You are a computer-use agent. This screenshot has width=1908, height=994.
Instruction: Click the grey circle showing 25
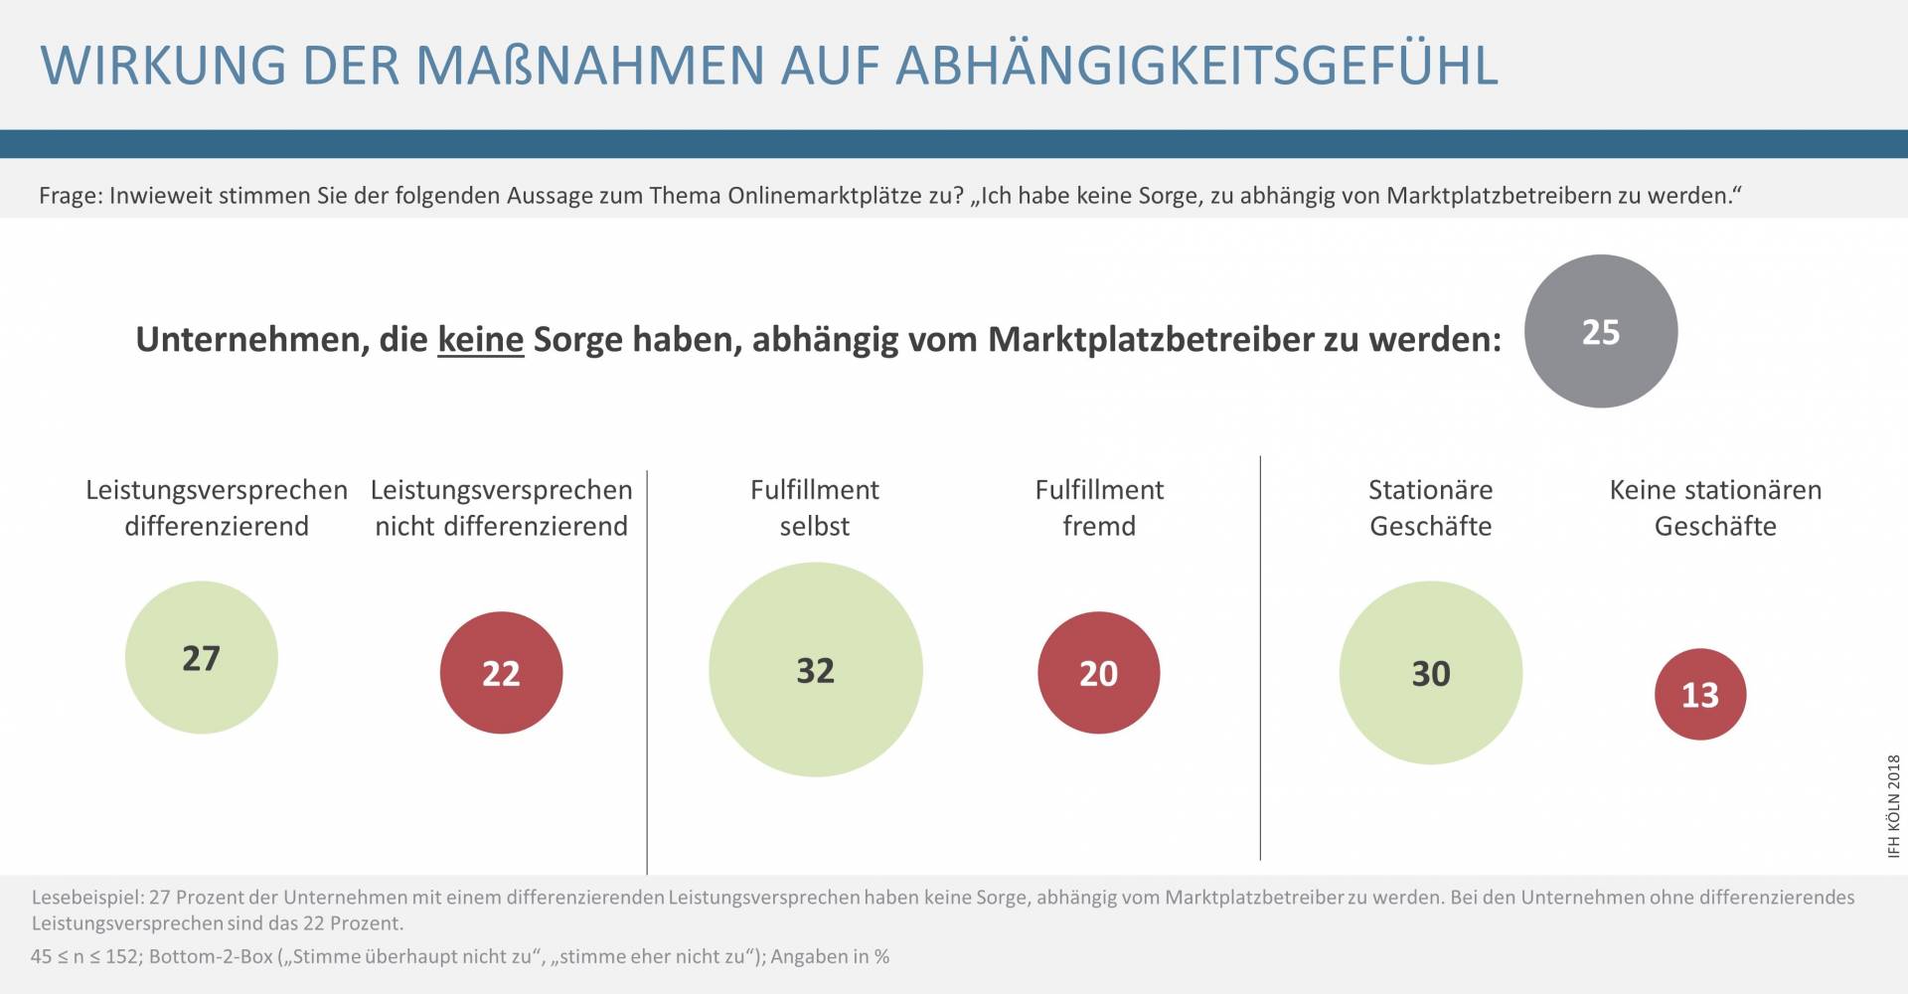click(1600, 331)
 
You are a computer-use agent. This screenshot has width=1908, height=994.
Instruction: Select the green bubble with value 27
click(201, 658)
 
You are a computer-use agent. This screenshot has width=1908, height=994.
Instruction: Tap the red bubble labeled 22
click(501, 673)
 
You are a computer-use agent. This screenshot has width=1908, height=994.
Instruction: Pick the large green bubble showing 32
click(815, 670)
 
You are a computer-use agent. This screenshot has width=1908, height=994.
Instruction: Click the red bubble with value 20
click(1098, 673)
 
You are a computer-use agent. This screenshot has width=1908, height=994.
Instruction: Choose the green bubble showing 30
click(1430, 673)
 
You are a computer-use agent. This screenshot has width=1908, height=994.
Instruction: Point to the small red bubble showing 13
click(1699, 694)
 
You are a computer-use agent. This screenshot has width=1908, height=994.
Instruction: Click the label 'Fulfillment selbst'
click(815, 508)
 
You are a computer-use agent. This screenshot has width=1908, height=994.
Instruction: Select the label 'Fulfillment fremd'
click(1099, 508)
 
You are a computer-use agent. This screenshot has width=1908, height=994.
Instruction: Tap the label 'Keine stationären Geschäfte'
click(1715, 508)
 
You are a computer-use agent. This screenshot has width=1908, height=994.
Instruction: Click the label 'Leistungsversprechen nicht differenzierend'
click(501, 508)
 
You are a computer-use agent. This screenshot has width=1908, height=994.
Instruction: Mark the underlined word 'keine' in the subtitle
click(480, 340)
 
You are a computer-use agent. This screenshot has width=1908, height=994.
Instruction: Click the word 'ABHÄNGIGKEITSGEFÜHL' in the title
click(1196, 65)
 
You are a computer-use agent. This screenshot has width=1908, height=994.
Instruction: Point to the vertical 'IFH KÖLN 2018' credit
click(1893, 806)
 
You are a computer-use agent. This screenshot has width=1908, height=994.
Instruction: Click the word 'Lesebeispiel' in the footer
click(85, 898)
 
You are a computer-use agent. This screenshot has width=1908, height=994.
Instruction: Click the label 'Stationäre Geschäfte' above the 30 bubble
click(1430, 508)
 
